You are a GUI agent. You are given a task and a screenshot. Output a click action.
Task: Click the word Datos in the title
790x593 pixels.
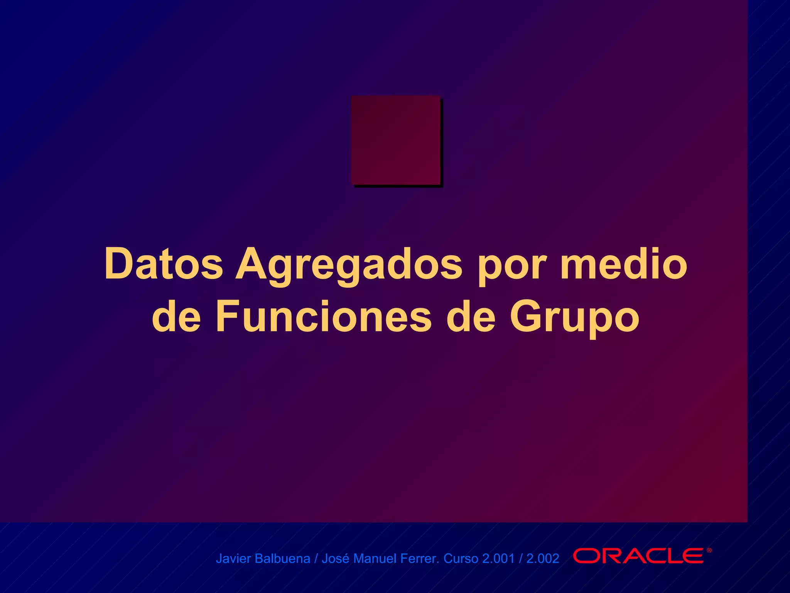[164, 264]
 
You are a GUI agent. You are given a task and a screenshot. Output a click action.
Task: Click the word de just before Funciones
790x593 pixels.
[176, 317]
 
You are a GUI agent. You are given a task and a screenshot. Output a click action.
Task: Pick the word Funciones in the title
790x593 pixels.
[323, 317]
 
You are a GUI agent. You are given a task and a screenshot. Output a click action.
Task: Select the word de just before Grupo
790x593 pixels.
[471, 317]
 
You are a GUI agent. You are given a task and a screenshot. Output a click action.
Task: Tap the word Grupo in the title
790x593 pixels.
[575, 319]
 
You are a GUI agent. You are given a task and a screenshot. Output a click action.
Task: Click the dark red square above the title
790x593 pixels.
[396, 140]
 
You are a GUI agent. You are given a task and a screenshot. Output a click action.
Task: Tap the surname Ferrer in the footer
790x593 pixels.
[420, 559]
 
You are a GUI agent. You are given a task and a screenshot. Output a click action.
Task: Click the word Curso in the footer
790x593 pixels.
[461, 559]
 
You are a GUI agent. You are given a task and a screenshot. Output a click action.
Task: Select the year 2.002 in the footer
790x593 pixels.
[543, 559]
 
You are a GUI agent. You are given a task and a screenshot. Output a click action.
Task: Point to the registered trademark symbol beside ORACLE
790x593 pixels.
[709, 551]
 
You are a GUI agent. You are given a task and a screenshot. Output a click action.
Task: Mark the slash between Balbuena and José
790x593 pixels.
[316, 559]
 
